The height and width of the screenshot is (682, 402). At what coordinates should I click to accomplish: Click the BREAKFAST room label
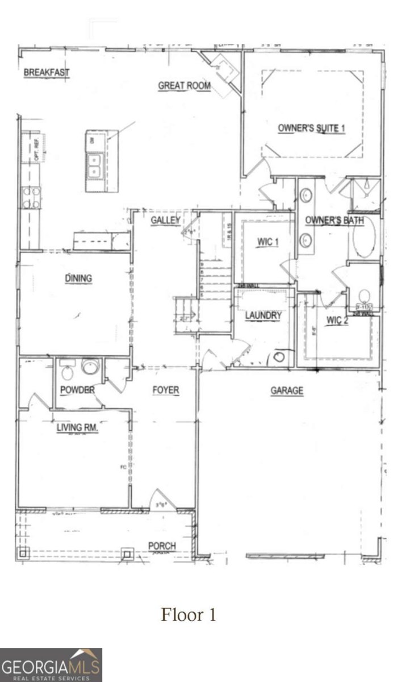point(47,73)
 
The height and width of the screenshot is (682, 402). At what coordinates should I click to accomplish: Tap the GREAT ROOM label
point(184,86)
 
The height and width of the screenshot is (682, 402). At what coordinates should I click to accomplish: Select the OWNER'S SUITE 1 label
point(311,128)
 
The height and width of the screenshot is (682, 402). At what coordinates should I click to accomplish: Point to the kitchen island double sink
point(94,165)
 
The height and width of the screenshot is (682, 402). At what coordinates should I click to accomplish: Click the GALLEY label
point(166,220)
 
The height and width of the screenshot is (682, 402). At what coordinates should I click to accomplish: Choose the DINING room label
point(78,278)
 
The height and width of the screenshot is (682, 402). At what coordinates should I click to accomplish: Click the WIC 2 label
point(337,320)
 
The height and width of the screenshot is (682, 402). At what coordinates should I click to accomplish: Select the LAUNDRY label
point(263,315)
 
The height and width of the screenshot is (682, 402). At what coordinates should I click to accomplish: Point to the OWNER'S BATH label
point(334,221)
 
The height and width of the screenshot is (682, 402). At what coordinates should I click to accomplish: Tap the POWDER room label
point(77,390)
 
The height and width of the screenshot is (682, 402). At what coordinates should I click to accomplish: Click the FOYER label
point(166,390)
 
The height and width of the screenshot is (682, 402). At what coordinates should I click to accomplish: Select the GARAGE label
point(287,390)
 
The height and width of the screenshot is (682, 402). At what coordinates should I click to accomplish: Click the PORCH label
point(162,546)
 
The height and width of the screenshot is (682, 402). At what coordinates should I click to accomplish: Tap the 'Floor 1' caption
point(189,615)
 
